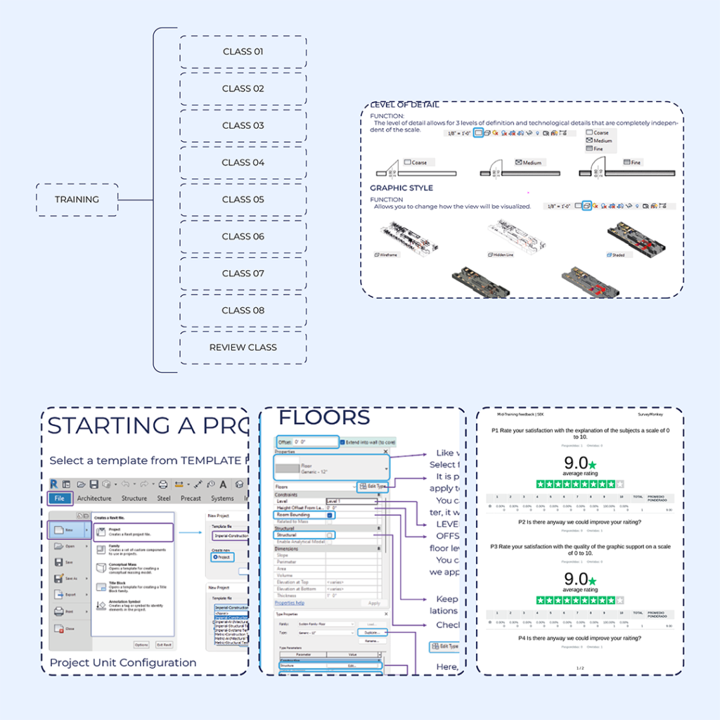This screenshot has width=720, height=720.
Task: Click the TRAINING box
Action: coord(77,200)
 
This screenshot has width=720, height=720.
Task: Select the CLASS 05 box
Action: coord(243,200)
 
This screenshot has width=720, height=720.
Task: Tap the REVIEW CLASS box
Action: coord(243,347)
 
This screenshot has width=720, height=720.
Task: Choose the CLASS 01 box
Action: coord(243,51)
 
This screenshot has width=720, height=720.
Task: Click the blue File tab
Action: coord(60,499)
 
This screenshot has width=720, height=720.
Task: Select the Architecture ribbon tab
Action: coord(94,499)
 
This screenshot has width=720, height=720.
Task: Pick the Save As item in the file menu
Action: coord(70,579)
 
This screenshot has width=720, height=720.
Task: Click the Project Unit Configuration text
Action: coord(123,662)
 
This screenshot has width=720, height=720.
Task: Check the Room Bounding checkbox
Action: coord(330,515)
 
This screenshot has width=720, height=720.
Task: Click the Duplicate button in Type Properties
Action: coord(371,633)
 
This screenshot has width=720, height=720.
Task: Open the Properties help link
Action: coord(290,603)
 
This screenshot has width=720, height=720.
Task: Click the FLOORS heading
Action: coord(324,418)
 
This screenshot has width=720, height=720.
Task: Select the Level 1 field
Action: coord(350,501)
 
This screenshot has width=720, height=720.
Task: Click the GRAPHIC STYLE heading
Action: coord(401,188)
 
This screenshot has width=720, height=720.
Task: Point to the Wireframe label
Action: coord(388,255)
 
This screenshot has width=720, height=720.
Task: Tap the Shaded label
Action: coord(618,255)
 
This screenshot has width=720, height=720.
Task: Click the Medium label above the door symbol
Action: coord(532,163)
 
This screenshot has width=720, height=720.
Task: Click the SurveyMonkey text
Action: coord(650,415)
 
